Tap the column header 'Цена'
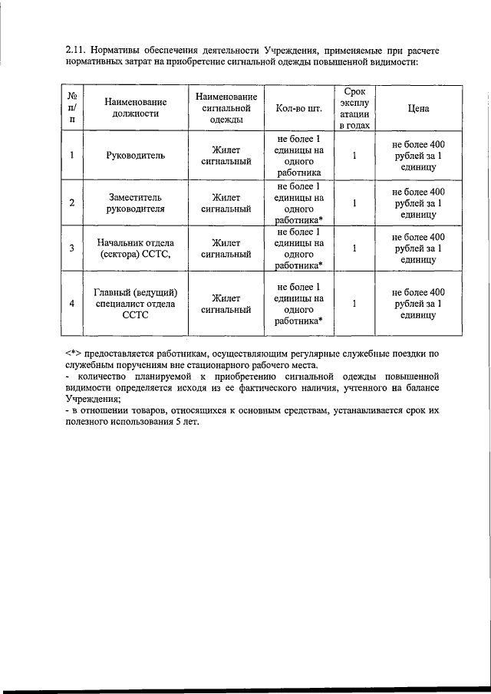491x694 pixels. click(x=418, y=108)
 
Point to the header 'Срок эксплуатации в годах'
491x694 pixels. click(x=354, y=108)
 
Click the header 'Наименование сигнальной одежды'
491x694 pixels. click(x=226, y=107)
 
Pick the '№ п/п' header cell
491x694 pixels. click(x=71, y=107)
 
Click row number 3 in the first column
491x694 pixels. click(x=71, y=248)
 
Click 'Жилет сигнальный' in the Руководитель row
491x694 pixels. click(x=226, y=155)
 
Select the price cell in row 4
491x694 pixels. click(x=418, y=303)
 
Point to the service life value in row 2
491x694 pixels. click(x=354, y=203)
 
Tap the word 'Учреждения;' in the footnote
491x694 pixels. click(x=93, y=400)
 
